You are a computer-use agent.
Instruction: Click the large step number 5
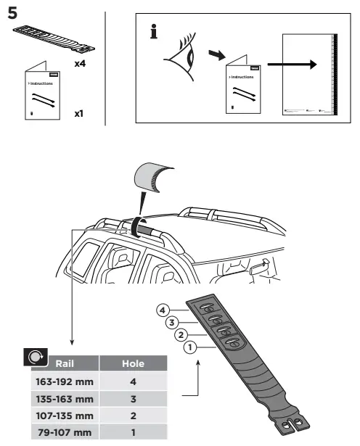[x=14, y=13]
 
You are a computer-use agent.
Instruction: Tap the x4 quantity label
[x=81, y=64]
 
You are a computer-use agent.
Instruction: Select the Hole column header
[x=132, y=363]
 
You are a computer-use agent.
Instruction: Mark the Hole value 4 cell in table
[x=132, y=382]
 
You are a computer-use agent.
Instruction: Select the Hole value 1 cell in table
[x=132, y=434]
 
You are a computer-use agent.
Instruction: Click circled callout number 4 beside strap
[x=163, y=310]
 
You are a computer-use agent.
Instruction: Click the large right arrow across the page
[x=300, y=65]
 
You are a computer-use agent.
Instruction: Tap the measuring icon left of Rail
[x=33, y=358]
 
